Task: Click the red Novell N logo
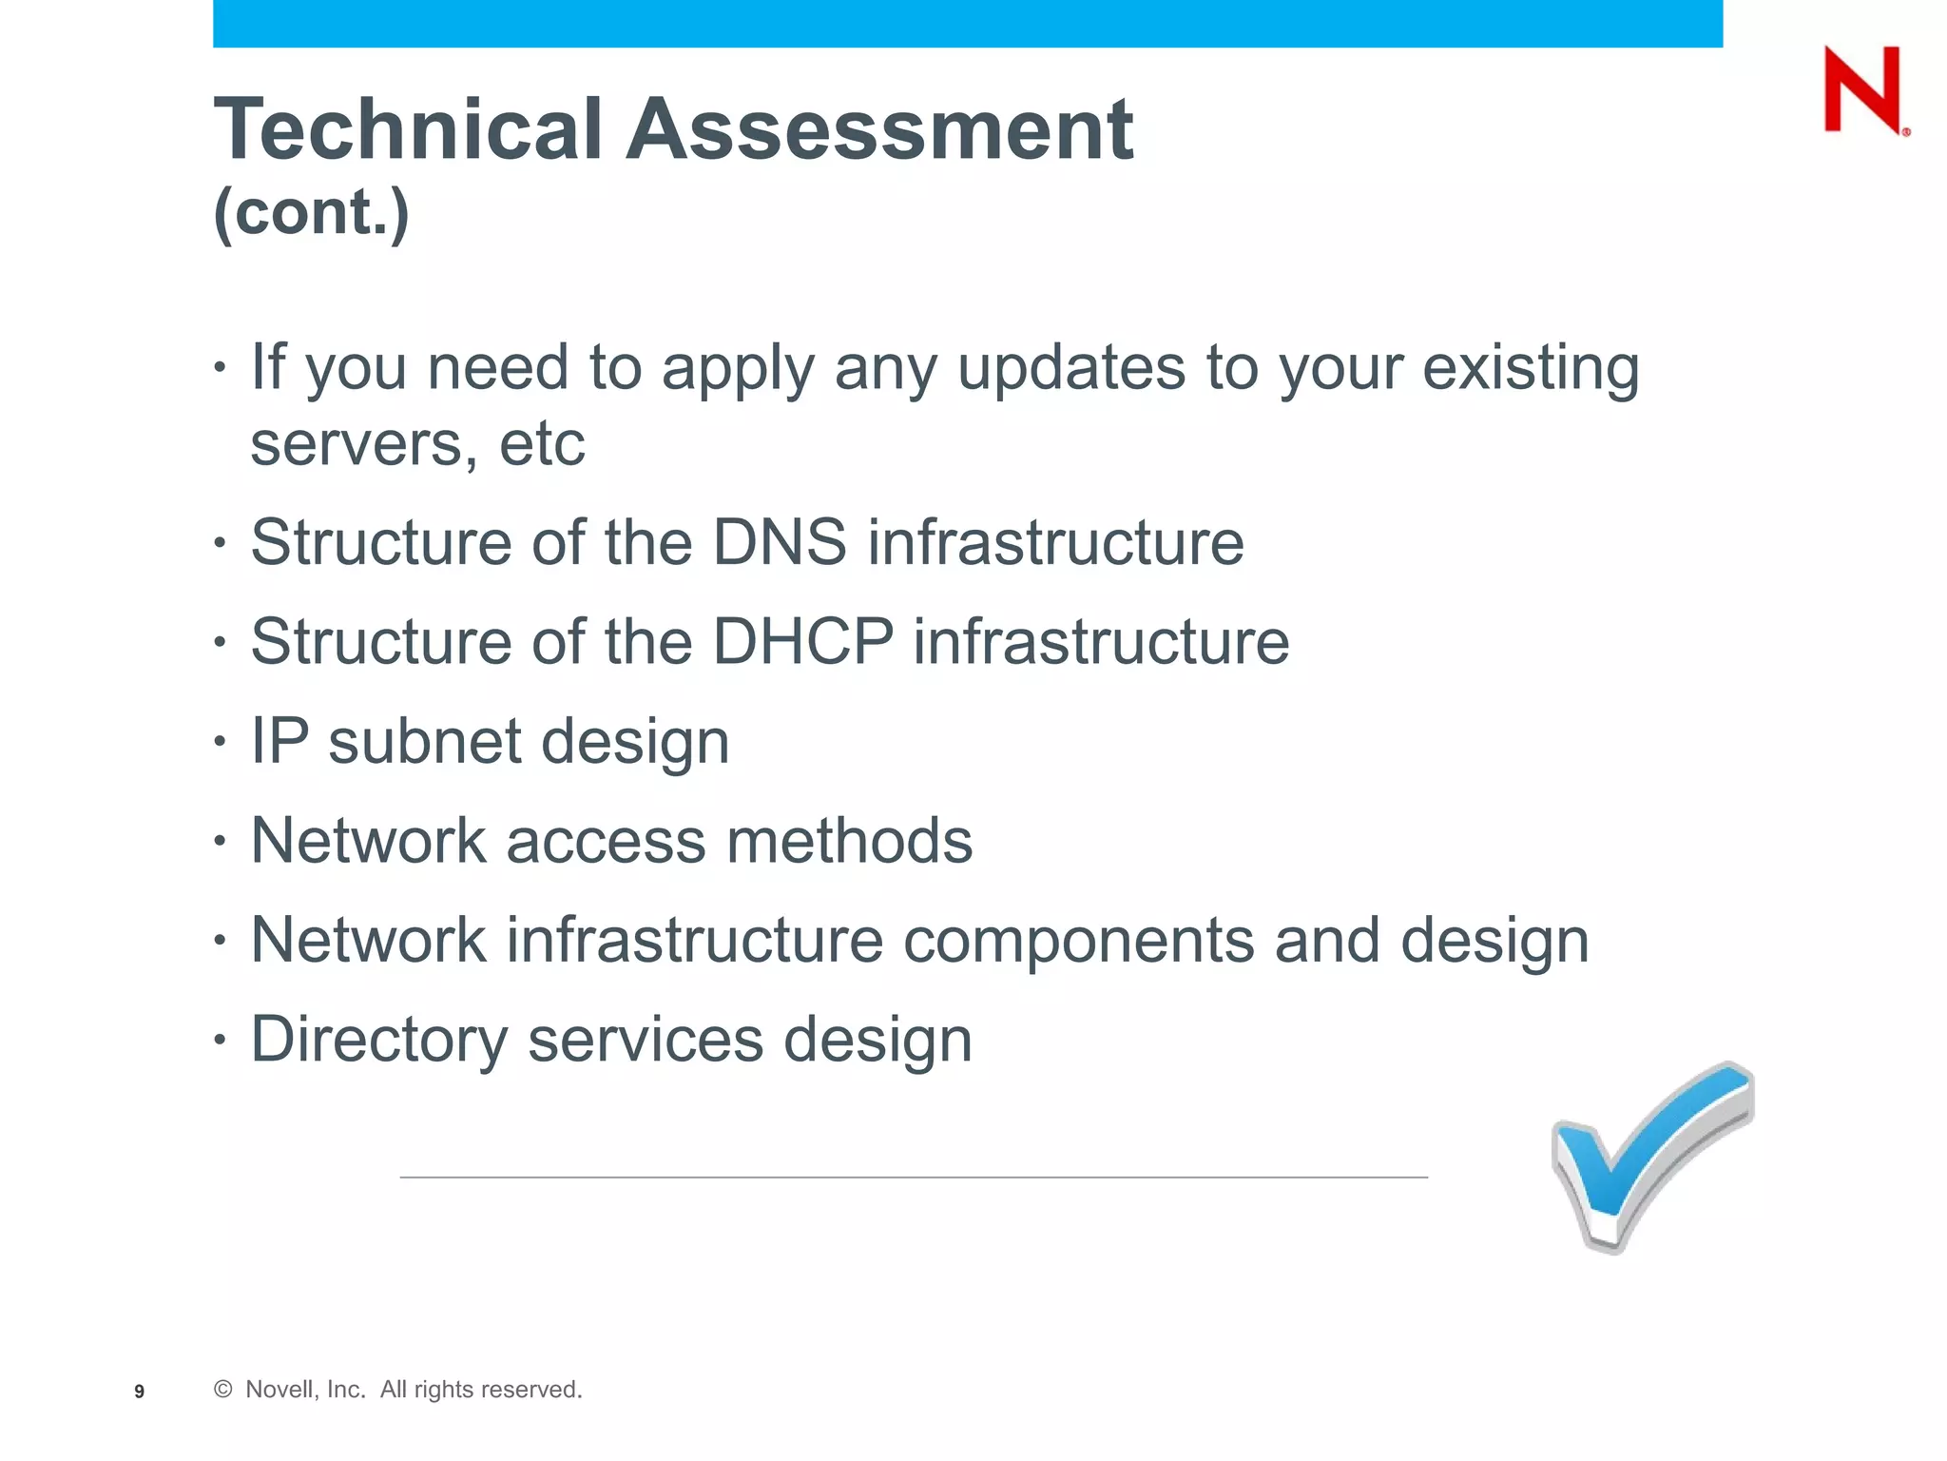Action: pyautogui.click(x=1863, y=90)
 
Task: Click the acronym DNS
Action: pyautogui.click(x=779, y=542)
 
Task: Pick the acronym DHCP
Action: pyautogui.click(x=803, y=641)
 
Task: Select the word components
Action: pyautogui.click(x=1078, y=941)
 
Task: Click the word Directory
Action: pyautogui.click(x=379, y=1040)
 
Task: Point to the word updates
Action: pyautogui.click(x=1070, y=368)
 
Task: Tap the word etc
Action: pyautogui.click(x=542, y=444)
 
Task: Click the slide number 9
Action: pyautogui.click(x=140, y=1392)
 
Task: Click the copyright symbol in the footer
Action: pyautogui.click(x=223, y=1390)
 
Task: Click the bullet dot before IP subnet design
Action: pyautogui.click(x=221, y=740)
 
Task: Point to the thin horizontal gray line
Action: pyautogui.click(x=913, y=1178)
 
